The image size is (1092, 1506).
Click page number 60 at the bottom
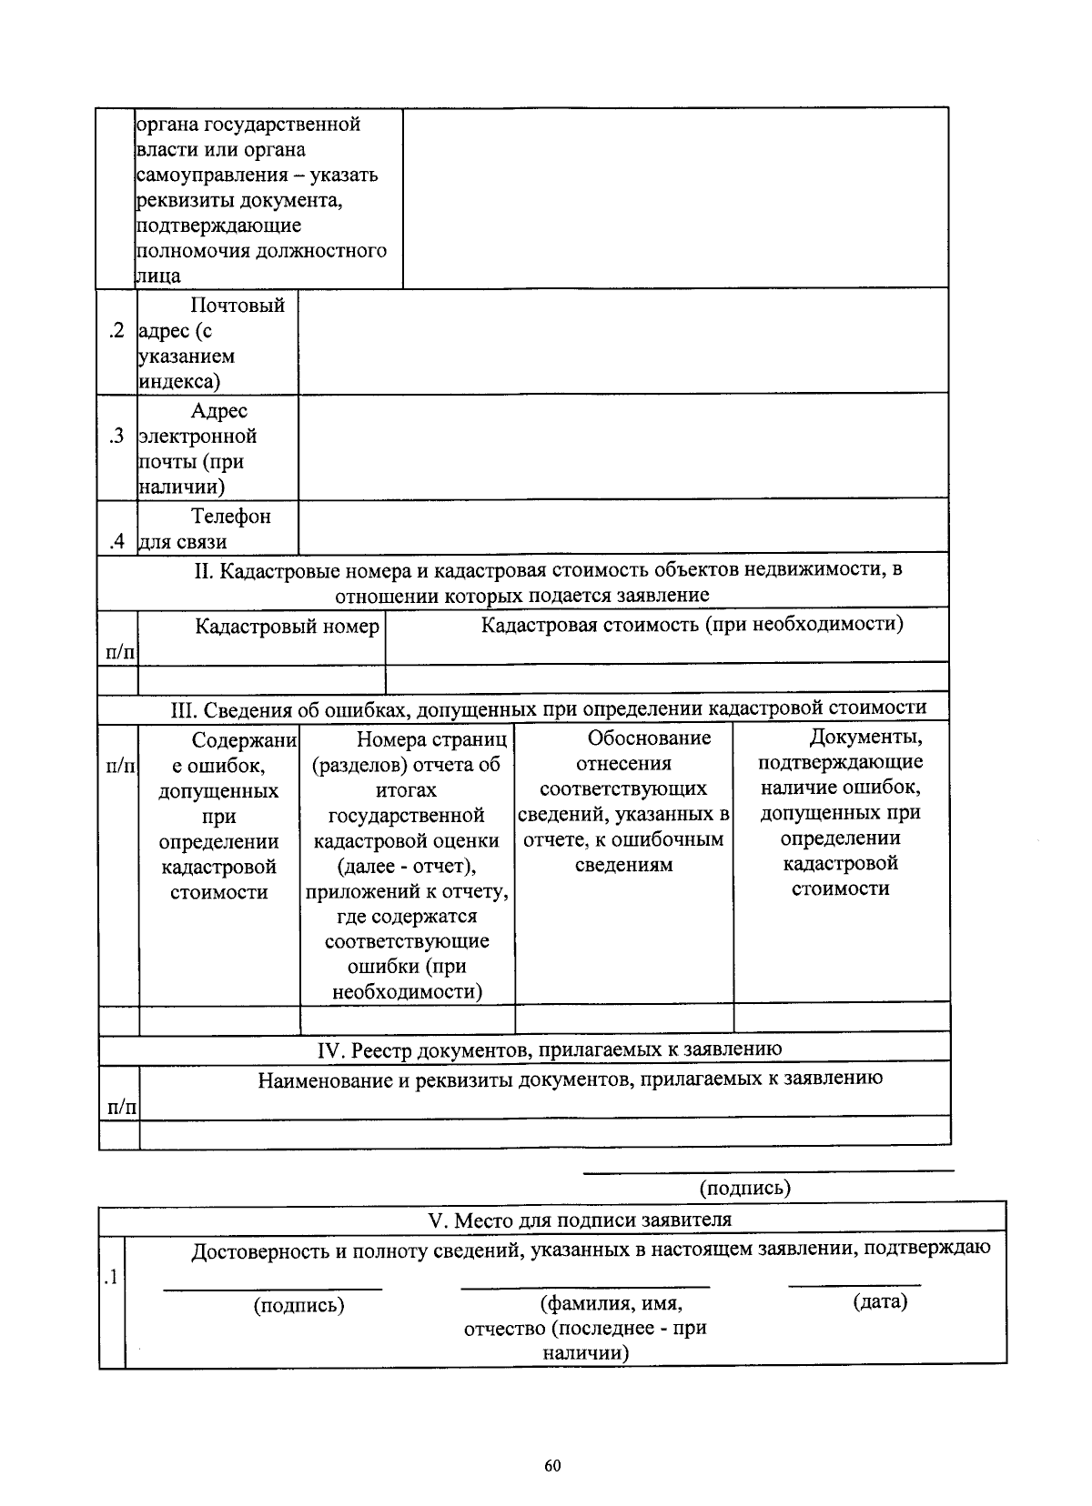point(552,1466)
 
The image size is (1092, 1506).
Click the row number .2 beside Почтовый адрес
point(116,330)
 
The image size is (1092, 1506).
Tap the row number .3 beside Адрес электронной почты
point(116,436)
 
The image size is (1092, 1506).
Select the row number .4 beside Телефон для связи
point(116,542)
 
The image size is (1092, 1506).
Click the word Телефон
point(231,517)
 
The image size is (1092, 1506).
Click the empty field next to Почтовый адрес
point(622,342)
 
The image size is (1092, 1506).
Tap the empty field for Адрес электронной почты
point(622,447)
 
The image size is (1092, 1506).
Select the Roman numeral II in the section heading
point(202,571)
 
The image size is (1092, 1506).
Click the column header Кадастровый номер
point(287,627)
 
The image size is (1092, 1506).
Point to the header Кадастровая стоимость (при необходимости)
point(692,625)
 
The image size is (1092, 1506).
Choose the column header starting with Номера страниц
point(431,739)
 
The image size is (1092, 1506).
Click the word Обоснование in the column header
point(649,738)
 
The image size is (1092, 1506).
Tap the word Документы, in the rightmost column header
point(865,737)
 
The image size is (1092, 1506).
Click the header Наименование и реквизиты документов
point(570,1079)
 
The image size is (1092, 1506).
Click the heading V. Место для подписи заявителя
point(579,1220)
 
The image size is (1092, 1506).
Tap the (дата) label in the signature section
point(880,1301)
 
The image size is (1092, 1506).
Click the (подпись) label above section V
point(744,1188)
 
